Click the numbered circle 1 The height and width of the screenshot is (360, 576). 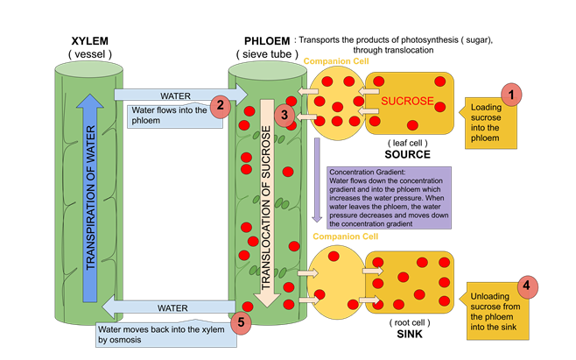click(510, 95)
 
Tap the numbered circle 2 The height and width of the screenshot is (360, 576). click(221, 106)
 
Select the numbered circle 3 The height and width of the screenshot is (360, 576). click(283, 115)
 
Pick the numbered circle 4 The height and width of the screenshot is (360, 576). click(526, 286)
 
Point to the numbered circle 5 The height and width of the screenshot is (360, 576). click(244, 321)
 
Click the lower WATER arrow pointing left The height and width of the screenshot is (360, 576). click(166, 308)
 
